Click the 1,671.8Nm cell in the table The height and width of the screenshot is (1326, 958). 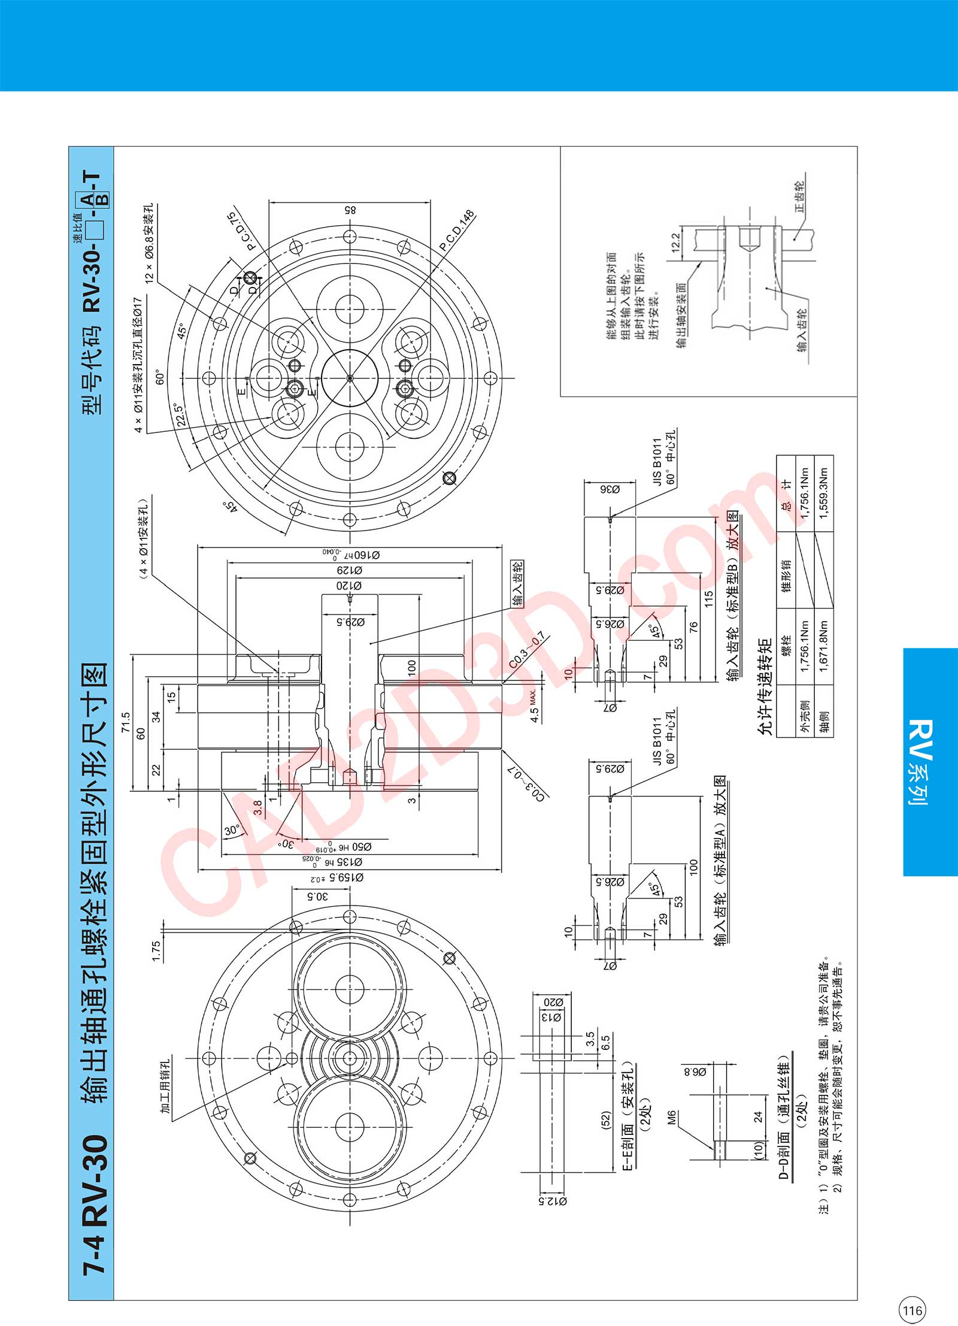[x=824, y=646]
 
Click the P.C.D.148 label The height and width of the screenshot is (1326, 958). [x=457, y=231]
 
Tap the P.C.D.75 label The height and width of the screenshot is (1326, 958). [x=241, y=231]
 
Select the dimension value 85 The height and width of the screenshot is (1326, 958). [x=350, y=211]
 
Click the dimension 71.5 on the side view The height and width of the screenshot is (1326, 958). [x=125, y=722]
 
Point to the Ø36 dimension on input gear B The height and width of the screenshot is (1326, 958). [x=610, y=489]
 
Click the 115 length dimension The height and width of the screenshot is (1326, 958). [x=709, y=599]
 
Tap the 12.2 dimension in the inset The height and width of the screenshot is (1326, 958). [x=676, y=243]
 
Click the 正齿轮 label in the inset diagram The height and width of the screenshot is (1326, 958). [x=799, y=197]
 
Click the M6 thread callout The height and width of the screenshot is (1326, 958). [x=672, y=1117]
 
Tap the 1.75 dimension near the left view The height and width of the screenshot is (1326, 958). [x=156, y=951]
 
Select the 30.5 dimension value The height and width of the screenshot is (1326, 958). [x=318, y=897]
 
